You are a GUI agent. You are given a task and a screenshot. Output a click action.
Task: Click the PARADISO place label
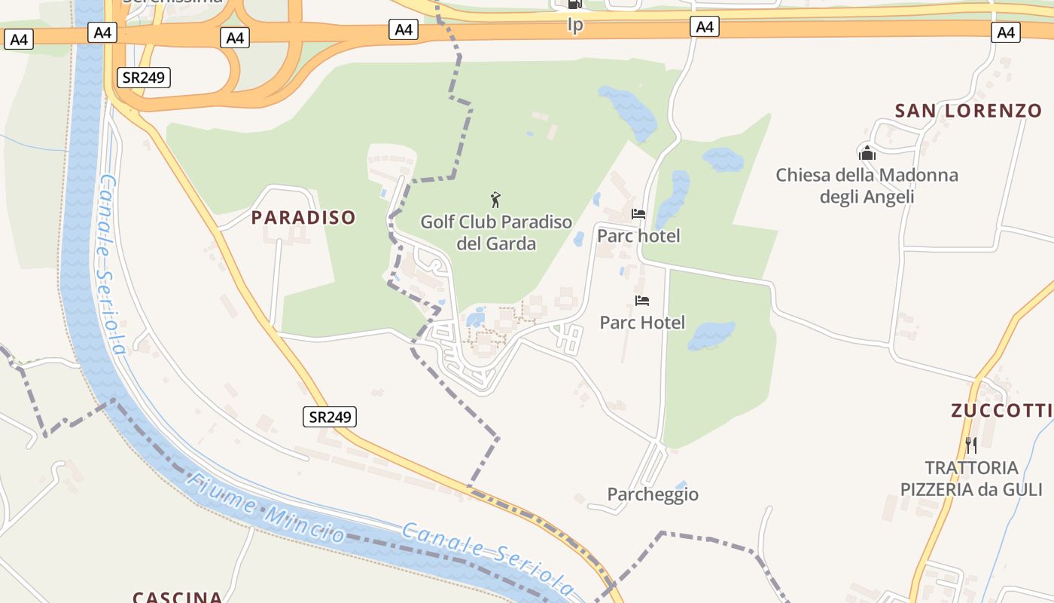pos(303,218)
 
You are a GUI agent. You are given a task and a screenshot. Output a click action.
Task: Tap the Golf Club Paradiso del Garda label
pos(496,233)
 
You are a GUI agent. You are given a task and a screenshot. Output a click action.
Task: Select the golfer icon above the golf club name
pos(495,200)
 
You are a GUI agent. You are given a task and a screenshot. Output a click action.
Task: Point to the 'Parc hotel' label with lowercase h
pos(638,236)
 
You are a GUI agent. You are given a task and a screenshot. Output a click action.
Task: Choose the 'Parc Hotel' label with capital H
pos(642,323)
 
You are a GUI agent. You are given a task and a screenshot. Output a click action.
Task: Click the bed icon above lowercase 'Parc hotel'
pos(638,214)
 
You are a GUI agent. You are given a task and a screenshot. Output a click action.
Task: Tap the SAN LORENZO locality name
pos(968,111)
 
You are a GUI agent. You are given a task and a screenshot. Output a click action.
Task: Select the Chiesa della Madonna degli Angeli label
pos(867,186)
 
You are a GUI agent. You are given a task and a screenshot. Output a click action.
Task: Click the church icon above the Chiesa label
pos(867,153)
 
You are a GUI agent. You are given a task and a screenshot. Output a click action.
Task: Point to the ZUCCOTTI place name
pos(1001,411)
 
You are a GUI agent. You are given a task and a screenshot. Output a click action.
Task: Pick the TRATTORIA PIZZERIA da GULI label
pos(971,479)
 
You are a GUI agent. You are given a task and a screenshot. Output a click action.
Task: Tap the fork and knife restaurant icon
pos(970,445)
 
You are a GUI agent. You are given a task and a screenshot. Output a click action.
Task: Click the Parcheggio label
pos(653,494)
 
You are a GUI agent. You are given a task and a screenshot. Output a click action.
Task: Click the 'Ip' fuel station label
pos(575,26)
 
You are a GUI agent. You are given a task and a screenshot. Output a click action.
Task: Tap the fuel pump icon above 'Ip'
pos(575,5)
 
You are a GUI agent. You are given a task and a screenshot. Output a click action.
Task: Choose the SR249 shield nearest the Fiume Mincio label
pos(330,417)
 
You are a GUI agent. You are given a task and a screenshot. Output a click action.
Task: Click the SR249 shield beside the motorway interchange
pos(145,77)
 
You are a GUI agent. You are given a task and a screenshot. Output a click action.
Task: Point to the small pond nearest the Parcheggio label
pos(681,485)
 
